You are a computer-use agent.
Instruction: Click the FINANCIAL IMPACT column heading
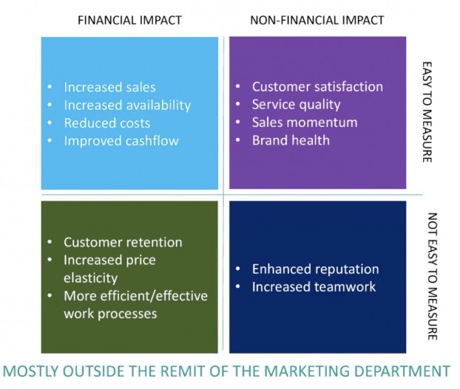[x=129, y=20]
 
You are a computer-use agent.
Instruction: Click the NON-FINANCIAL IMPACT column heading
[x=317, y=20]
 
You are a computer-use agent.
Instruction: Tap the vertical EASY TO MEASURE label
[x=427, y=111]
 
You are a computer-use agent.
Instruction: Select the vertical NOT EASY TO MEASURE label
[x=433, y=276]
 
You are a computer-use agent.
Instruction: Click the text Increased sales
[x=109, y=87]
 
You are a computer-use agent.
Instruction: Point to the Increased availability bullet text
[x=127, y=106]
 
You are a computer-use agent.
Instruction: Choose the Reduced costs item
[x=107, y=123]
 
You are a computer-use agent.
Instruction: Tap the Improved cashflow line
[x=121, y=141]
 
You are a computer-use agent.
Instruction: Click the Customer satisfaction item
[x=317, y=86]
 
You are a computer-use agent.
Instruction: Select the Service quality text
[x=297, y=105]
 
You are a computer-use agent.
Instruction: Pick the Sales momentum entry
[x=305, y=123]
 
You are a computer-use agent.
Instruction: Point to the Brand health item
[x=291, y=140]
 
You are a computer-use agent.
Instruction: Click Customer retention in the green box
[x=123, y=242]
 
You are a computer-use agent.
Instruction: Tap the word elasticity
[x=91, y=278]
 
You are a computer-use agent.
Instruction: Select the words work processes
[x=110, y=314]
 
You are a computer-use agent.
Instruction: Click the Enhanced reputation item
[x=315, y=269]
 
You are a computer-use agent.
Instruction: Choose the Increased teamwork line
[x=314, y=287]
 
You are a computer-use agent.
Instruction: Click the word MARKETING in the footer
[x=306, y=371]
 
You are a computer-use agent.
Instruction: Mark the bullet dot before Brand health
[x=238, y=140]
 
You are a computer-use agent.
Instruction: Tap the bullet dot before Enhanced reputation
[x=238, y=269]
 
